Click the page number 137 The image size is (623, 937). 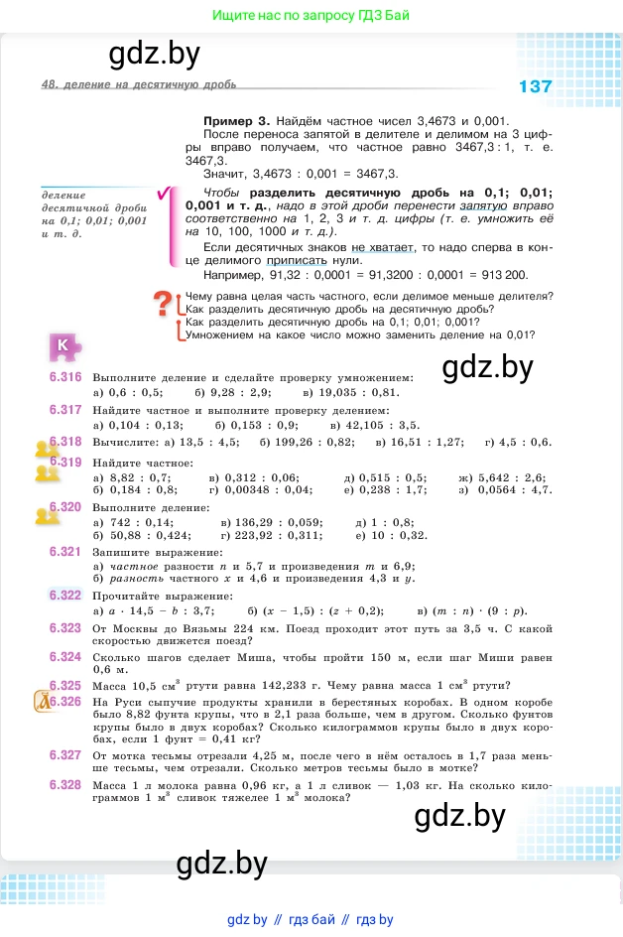535,86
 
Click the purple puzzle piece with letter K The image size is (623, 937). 64,345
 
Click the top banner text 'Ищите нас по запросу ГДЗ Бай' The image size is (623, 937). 311,16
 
